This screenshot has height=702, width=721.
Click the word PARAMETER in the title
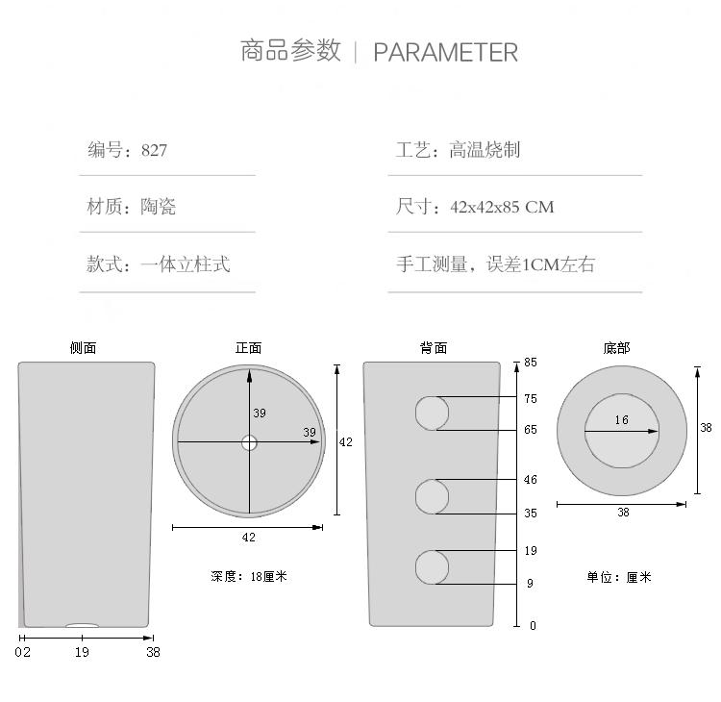pyautogui.click(x=445, y=52)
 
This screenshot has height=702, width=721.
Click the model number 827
pyautogui.click(x=154, y=150)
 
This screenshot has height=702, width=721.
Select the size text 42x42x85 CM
pyautogui.click(x=502, y=207)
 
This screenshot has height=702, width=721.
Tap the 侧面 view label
pyautogui.click(x=84, y=348)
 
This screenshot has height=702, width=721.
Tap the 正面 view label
pyautogui.click(x=248, y=348)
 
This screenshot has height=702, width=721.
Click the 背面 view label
pyautogui.click(x=434, y=348)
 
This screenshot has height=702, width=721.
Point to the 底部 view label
pyautogui.click(x=616, y=348)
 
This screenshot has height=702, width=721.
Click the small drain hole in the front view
pyautogui.click(x=249, y=442)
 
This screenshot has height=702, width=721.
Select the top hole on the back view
pyautogui.click(x=432, y=414)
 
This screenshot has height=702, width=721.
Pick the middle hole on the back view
pyautogui.click(x=432, y=496)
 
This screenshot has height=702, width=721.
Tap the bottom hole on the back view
pyautogui.click(x=432, y=567)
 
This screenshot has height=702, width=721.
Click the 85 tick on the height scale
pyautogui.click(x=531, y=363)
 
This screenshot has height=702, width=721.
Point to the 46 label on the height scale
pyautogui.click(x=531, y=480)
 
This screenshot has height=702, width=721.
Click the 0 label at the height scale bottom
pyautogui.click(x=533, y=626)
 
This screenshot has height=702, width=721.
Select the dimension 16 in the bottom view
pyautogui.click(x=621, y=420)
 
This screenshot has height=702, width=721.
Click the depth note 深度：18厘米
pyautogui.click(x=249, y=577)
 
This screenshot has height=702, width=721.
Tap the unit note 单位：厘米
pyautogui.click(x=619, y=578)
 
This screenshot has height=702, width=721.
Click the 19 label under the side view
pyautogui.click(x=82, y=652)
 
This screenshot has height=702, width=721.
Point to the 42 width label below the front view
pyautogui.click(x=248, y=538)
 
